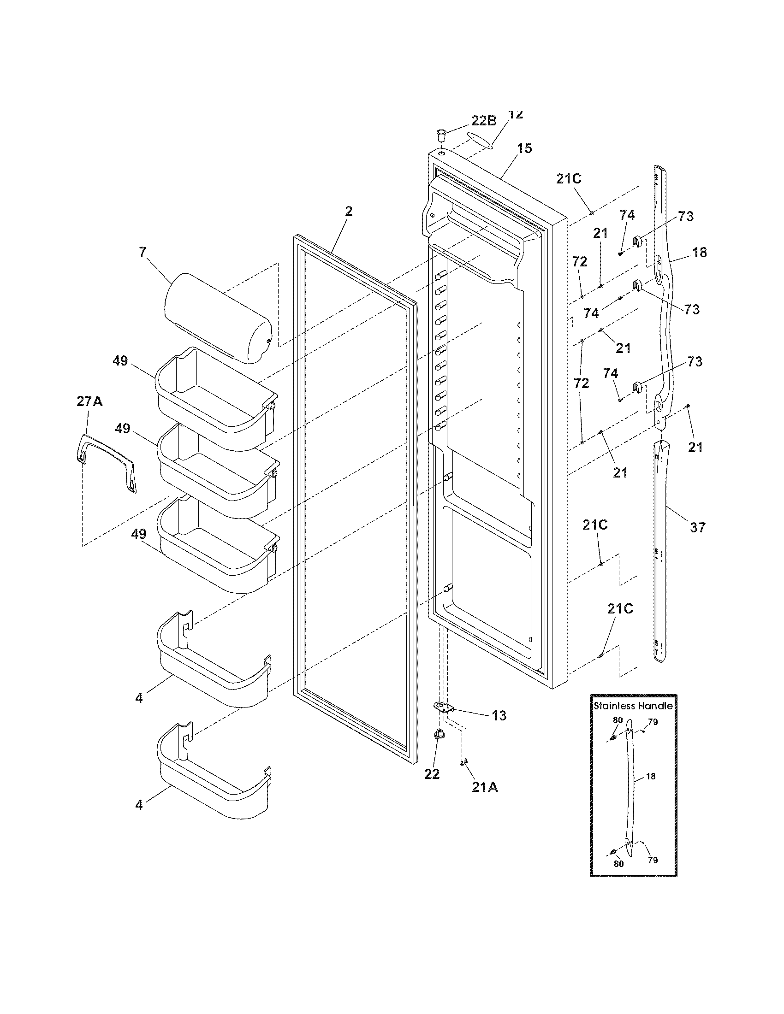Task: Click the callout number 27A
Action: pos(89,401)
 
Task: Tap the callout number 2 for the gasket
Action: pos(348,212)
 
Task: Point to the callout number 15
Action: pos(524,149)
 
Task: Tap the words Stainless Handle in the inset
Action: pos(634,706)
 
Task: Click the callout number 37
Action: pos(697,527)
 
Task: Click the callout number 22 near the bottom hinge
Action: pos(432,774)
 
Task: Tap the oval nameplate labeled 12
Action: pos(479,140)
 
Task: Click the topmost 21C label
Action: pos(569,179)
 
